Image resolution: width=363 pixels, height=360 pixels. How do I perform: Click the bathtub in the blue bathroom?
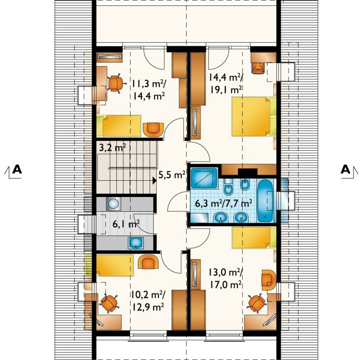click(266, 200)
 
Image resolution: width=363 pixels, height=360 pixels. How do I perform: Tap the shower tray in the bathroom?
click(204, 178)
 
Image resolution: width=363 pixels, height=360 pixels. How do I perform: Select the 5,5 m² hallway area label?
click(171, 175)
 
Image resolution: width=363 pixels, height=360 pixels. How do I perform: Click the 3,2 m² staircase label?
click(112, 147)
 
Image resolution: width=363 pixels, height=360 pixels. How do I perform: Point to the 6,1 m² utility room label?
click(126, 224)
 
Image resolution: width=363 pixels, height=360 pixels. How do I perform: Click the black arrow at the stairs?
click(155, 181)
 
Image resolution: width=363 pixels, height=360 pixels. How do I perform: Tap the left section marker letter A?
click(17, 169)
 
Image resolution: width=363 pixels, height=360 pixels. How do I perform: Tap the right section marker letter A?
click(346, 169)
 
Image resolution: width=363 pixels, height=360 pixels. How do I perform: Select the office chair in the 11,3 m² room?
click(116, 83)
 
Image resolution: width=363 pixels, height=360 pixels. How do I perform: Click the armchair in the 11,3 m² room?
click(153, 130)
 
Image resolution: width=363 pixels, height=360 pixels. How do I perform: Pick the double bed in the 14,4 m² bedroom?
click(254, 116)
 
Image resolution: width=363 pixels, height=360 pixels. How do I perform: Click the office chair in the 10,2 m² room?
click(109, 303)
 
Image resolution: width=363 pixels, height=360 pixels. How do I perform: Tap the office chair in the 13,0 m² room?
click(257, 303)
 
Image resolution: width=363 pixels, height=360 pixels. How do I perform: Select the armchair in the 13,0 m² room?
click(269, 280)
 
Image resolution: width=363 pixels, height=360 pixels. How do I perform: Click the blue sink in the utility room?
click(136, 243)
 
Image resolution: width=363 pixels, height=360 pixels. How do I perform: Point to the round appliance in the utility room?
click(113, 204)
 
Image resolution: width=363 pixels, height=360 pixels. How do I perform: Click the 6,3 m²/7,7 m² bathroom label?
click(224, 204)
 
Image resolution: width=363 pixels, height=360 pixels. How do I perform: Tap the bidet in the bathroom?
click(244, 185)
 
